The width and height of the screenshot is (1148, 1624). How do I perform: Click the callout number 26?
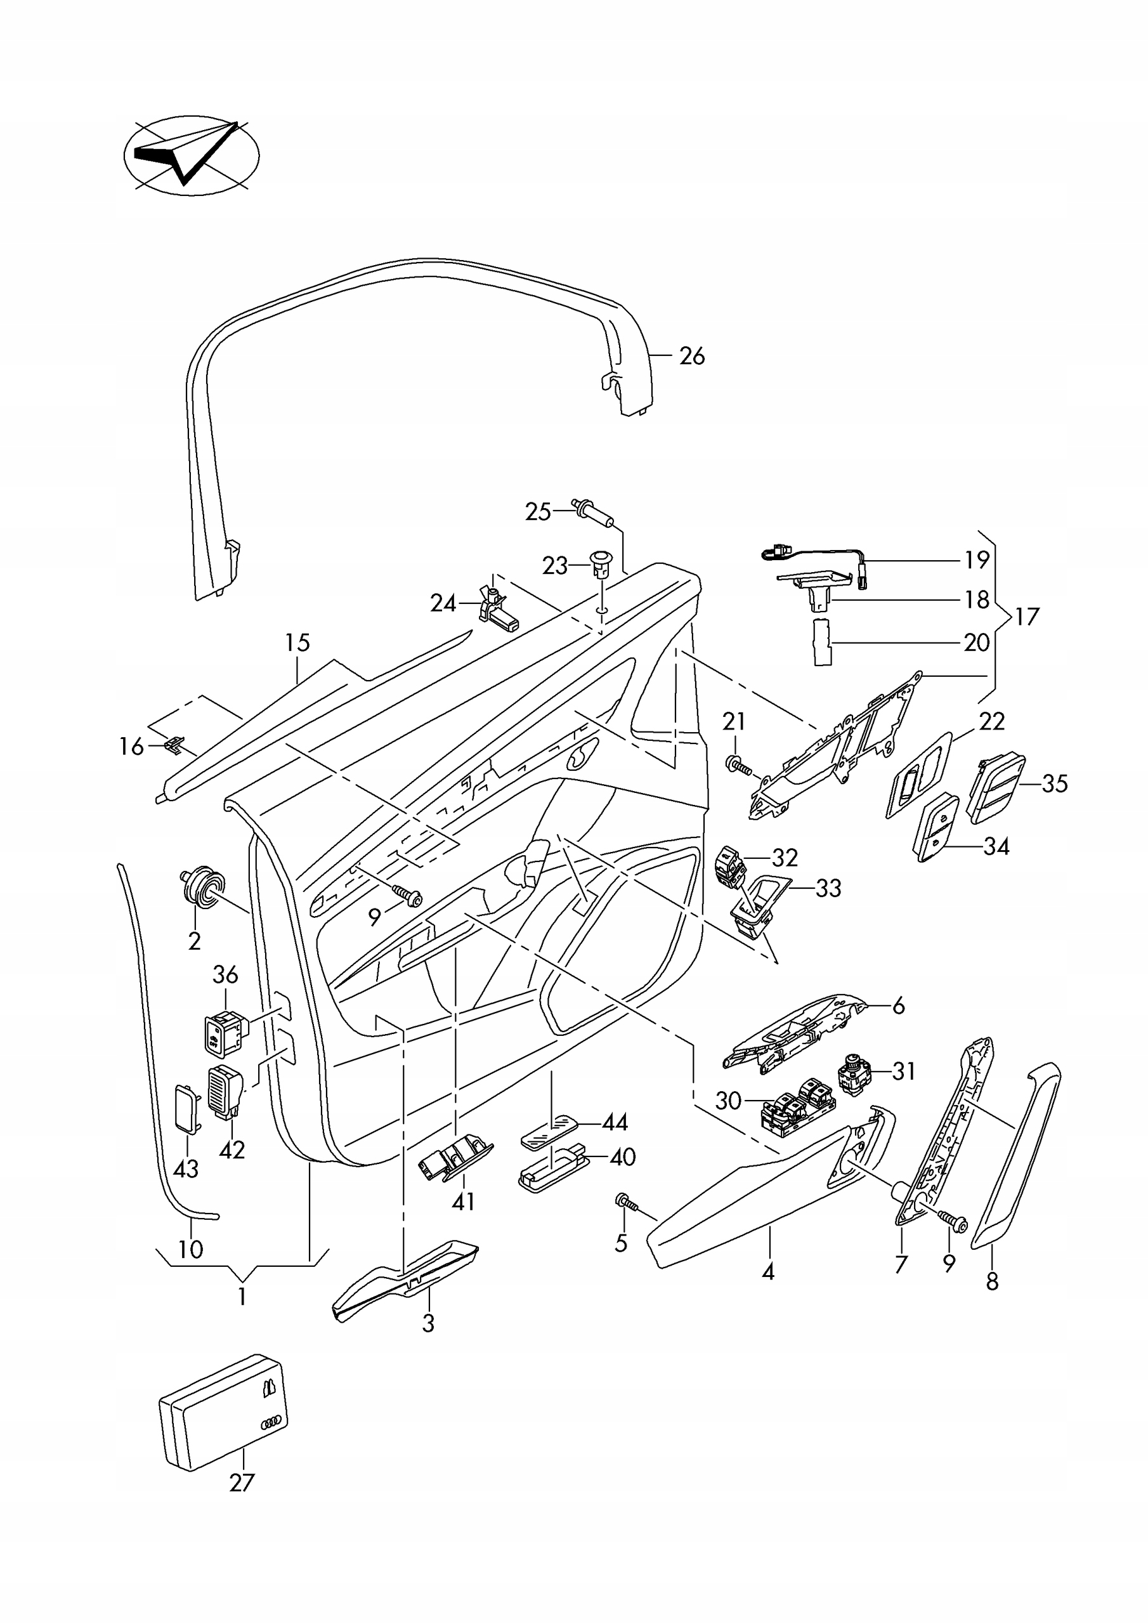[692, 356]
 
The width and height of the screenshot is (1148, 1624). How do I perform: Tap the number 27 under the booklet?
[241, 1482]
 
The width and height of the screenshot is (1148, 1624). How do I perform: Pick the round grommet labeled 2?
[202, 887]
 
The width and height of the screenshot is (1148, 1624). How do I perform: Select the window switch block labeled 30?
[797, 1107]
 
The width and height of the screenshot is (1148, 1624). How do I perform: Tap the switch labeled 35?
[996, 788]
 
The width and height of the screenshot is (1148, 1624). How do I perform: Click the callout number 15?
[298, 643]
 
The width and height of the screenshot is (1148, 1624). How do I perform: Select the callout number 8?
[993, 1281]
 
